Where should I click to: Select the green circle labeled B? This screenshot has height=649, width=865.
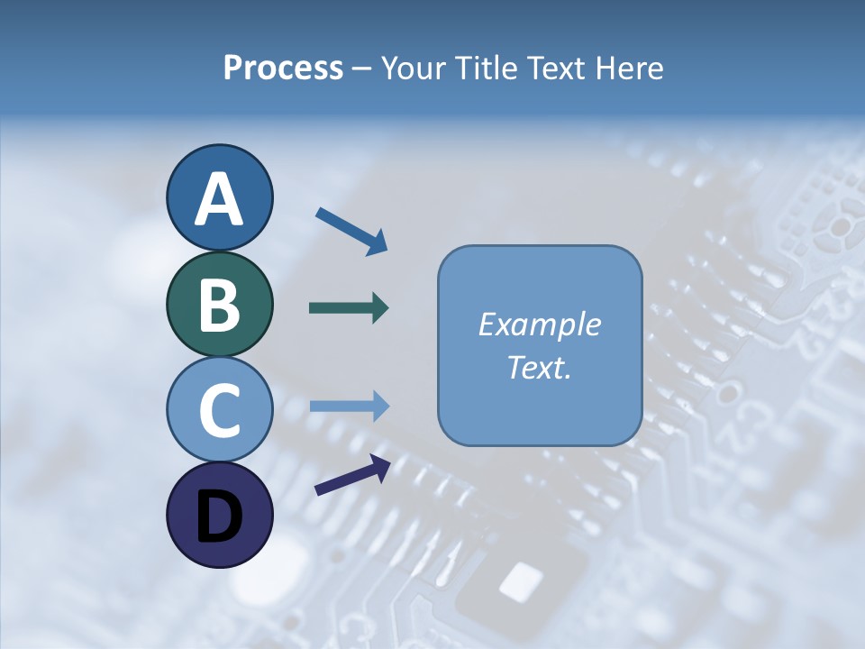pyautogui.click(x=219, y=304)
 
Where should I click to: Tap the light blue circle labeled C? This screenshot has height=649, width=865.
pyautogui.click(x=219, y=409)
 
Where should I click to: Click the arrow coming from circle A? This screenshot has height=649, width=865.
pyautogui.click(x=351, y=230)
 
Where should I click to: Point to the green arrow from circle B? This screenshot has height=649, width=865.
pyautogui.click(x=349, y=308)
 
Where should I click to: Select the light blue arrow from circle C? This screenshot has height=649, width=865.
pyautogui.click(x=350, y=406)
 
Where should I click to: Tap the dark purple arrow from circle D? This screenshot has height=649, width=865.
pyautogui.click(x=352, y=475)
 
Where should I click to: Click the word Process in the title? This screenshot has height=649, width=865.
pyautogui.click(x=283, y=68)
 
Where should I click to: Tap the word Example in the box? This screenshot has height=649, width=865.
pyautogui.click(x=540, y=324)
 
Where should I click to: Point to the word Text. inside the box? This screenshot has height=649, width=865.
pyautogui.click(x=540, y=367)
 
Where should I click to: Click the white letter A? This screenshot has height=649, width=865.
pyautogui.click(x=219, y=200)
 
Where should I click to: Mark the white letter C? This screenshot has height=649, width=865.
pyautogui.click(x=219, y=411)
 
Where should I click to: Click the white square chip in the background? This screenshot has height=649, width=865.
pyautogui.click(x=521, y=580)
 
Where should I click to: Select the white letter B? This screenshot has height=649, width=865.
pyautogui.click(x=219, y=306)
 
